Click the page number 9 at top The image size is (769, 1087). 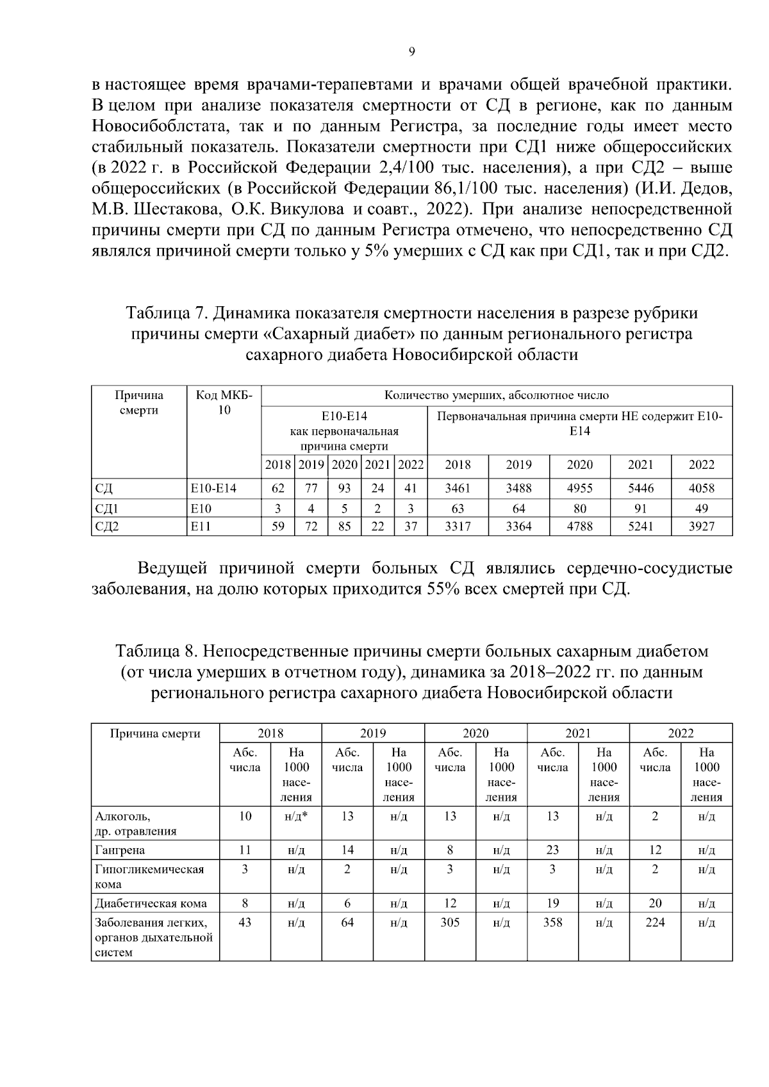click(411, 52)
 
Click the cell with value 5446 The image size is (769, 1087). click(640, 488)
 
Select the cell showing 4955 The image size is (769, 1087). click(579, 488)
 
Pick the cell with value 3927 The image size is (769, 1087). click(701, 527)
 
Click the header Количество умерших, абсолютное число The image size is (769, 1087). click(497, 395)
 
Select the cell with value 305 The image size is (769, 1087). click(450, 922)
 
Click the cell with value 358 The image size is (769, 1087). click(552, 922)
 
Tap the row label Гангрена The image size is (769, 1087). click(120, 850)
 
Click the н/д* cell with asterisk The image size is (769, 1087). click(295, 816)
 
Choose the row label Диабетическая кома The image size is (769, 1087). click(151, 904)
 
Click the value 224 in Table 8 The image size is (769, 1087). click(655, 922)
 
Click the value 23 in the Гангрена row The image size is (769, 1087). click(552, 850)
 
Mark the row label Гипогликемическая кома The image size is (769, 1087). click(149, 876)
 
